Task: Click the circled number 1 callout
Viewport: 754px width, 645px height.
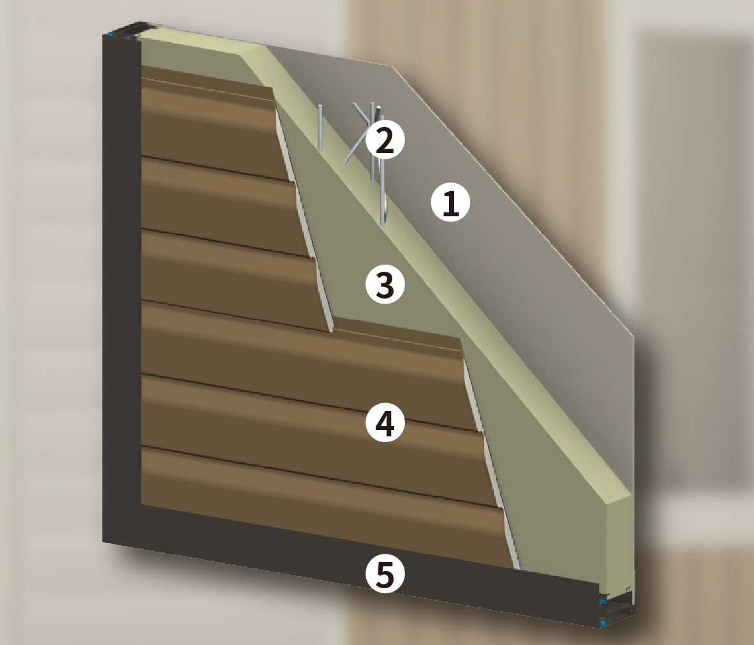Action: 450,202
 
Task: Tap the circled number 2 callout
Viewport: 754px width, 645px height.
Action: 385,140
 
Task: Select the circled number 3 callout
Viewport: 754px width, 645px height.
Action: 385,285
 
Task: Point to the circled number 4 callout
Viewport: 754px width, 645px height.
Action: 385,423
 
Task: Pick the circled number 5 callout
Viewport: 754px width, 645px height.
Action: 385,574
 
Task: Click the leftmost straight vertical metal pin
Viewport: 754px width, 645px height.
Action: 320,128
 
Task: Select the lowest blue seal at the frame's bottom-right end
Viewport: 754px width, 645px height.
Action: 603,623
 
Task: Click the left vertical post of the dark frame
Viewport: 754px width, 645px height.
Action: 122,288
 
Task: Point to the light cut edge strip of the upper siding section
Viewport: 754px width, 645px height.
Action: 304,219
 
